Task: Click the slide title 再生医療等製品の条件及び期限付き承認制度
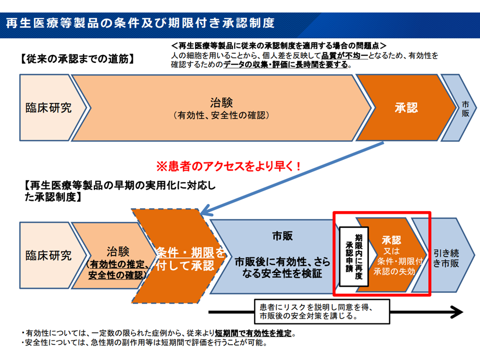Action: point(140,23)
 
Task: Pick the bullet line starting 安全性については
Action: point(145,343)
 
